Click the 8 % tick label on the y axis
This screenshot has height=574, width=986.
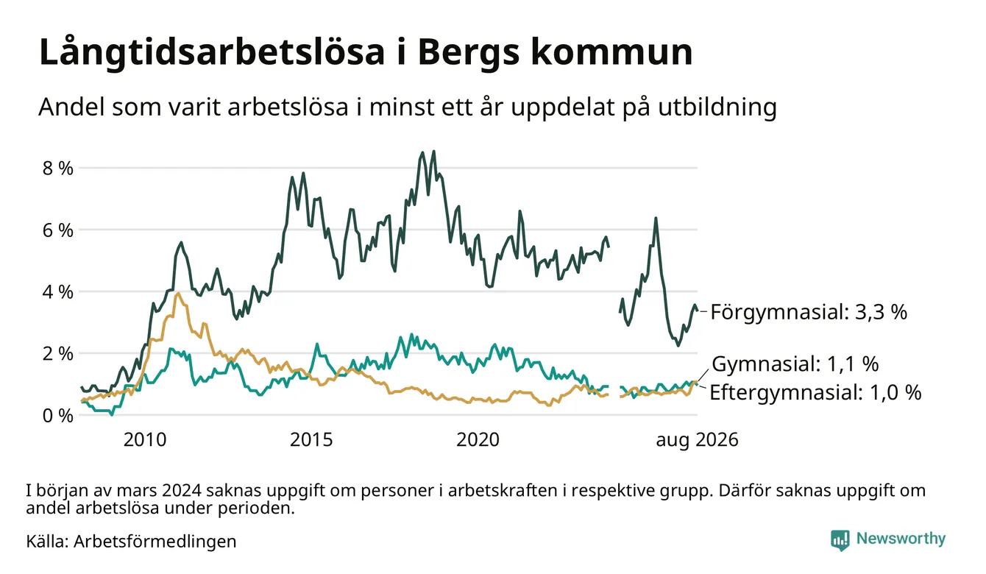57,168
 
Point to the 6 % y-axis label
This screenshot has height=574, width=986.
57,230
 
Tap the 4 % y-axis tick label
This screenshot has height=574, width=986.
57,292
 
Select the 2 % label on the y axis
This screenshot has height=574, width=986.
57,353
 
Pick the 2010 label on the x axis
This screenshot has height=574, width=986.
145,440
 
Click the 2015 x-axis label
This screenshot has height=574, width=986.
311,440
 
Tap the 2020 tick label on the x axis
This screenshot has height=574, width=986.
478,440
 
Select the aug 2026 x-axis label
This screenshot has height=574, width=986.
697,440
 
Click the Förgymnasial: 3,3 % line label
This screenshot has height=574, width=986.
809,312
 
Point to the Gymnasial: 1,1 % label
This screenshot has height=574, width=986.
795,364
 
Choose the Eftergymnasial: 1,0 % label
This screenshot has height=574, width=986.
815,392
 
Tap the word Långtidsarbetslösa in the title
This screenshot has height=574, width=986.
212,53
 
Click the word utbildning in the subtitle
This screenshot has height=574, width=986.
717,107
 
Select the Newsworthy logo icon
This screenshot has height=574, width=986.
840,540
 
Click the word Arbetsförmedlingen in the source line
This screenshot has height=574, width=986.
155,542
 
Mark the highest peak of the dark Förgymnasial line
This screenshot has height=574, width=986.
433,152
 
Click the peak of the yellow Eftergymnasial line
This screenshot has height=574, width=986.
177,294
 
